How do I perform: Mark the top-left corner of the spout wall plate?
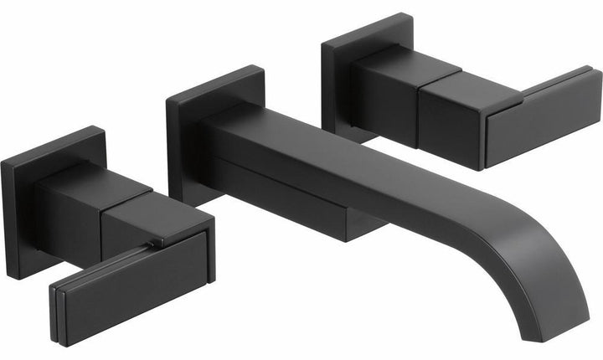(x=167, y=99)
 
